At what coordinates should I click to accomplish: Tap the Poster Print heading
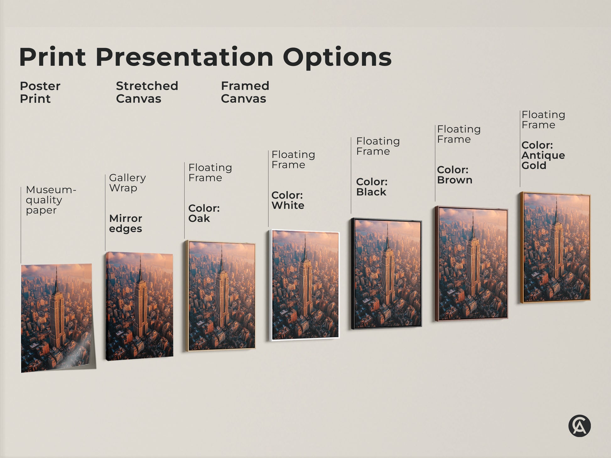[40, 92]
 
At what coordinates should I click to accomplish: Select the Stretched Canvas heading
[147, 92]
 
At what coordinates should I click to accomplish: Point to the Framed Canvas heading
[245, 92]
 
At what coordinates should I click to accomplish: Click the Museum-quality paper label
[51, 200]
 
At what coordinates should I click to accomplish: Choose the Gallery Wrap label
[127, 183]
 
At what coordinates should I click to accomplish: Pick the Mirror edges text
[126, 223]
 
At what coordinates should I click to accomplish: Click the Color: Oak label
[204, 213]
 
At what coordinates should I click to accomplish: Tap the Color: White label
[288, 200]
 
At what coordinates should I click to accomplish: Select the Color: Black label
[372, 187]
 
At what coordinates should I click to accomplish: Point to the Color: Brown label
[454, 175]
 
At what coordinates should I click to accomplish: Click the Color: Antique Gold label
[543, 155]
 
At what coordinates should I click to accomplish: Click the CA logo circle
[579, 426]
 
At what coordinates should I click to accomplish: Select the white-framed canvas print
[305, 285]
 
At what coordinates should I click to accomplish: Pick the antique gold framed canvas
[556, 247]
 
